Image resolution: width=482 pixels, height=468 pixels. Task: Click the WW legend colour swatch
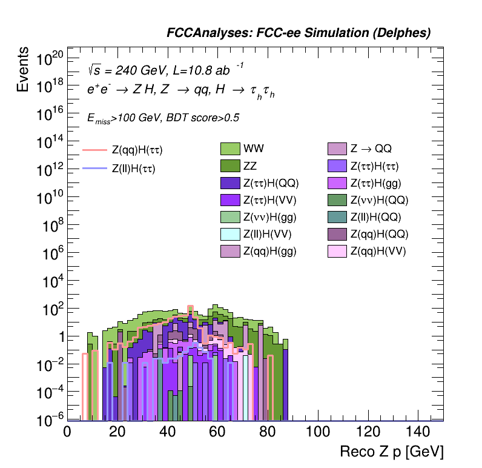(231, 148)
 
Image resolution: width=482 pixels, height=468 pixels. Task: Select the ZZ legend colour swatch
(231, 165)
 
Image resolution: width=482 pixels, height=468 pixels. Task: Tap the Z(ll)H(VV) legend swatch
(231, 234)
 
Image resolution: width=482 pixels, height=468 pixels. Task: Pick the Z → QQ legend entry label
(371, 148)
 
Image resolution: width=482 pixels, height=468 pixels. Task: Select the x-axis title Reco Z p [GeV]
(392, 452)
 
